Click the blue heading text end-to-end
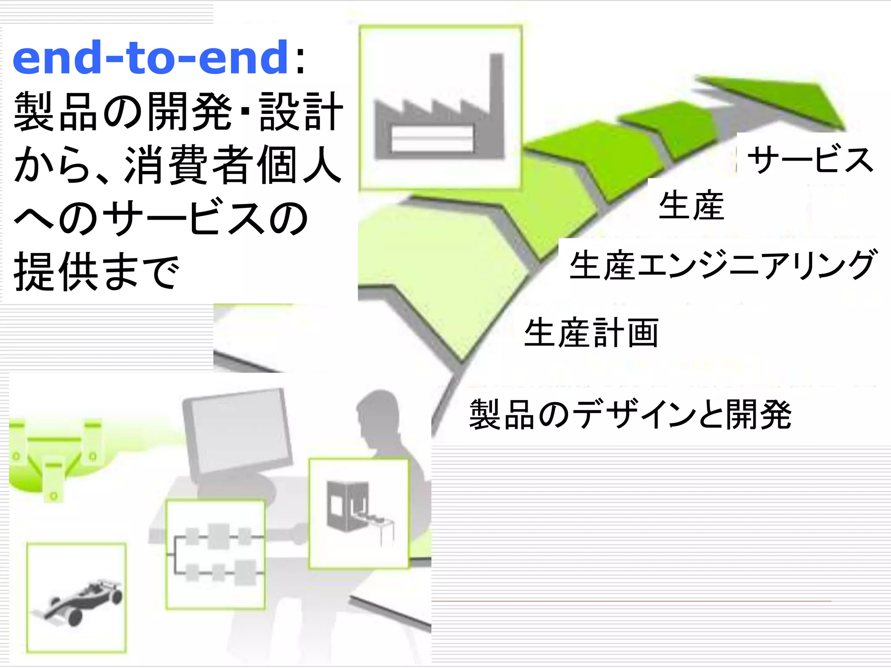tap(150, 57)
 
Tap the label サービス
tap(810, 160)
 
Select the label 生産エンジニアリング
tap(722, 265)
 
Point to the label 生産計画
tap(591, 333)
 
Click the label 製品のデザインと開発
tap(630, 415)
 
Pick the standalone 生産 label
tap(691, 205)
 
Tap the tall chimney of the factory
tap(496, 100)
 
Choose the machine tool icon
tap(359, 513)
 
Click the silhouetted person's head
tap(378, 413)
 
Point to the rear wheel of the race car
tap(75, 617)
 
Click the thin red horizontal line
tap(631, 601)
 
